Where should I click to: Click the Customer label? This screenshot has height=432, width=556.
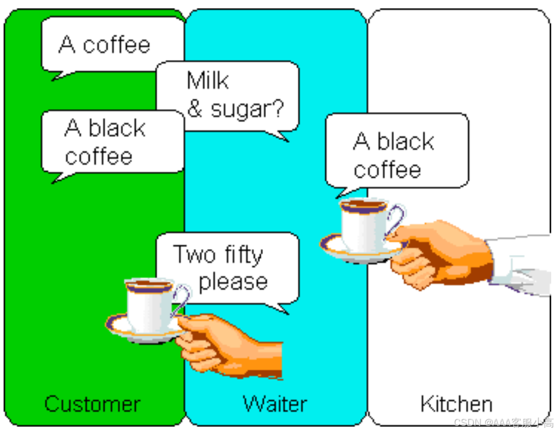(x=92, y=404)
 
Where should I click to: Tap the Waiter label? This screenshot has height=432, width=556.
(x=275, y=404)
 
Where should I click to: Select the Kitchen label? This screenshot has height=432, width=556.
(x=456, y=404)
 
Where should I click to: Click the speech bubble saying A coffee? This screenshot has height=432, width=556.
(x=105, y=45)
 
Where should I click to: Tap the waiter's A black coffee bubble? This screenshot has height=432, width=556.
(x=394, y=155)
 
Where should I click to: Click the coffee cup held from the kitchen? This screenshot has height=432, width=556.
(x=363, y=225)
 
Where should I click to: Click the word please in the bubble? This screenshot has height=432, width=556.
(x=233, y=281)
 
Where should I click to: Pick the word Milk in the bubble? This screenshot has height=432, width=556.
(x=208, y=81)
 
